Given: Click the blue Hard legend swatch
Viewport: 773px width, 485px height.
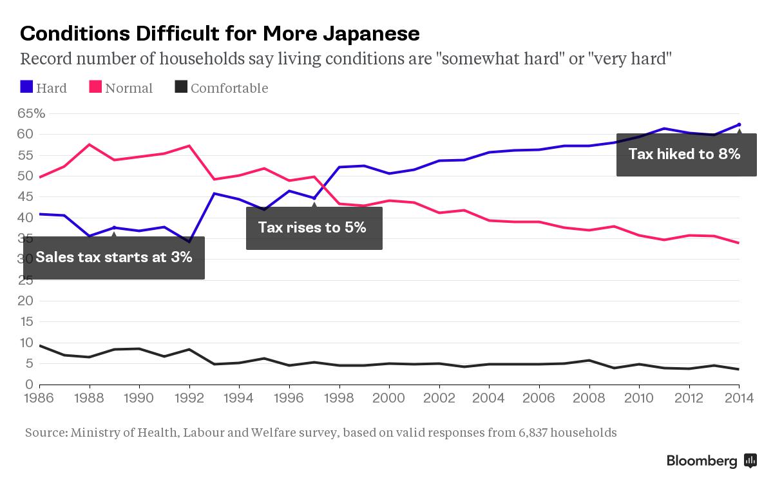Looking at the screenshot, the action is tap(26, 86).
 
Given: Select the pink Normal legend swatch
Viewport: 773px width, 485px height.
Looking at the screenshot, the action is tap(95, 86).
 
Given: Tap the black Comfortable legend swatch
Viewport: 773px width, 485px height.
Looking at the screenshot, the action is tap(181, 86).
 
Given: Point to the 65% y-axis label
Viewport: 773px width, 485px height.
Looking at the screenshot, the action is tap(32, 113).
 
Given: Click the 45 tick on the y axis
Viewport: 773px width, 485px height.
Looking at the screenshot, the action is tap(25, 197).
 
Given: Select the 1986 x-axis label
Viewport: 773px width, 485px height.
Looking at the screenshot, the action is tap(39, 398).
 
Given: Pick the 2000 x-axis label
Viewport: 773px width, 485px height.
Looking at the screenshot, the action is tap(389, 398).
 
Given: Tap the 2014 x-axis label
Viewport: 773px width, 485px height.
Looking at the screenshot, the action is tap(739, 398).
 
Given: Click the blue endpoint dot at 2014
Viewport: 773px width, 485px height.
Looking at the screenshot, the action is tap(739, 124).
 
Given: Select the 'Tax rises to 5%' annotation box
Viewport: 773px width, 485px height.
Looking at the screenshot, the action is tap(314, 228).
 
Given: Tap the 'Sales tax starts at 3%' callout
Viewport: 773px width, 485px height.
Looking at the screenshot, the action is tap(114, 258).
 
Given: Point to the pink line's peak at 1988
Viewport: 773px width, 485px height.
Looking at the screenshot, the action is tap(90, 144).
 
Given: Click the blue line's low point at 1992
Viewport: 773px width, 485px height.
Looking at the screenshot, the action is tap(189, 242).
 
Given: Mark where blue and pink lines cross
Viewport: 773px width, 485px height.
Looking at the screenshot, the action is tap(323, 187).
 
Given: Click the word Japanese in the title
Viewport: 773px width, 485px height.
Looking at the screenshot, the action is tap(371, 34).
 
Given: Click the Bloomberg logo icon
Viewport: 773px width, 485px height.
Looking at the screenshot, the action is tap(750, 461).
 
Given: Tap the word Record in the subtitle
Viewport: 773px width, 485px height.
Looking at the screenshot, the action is tap(46, 59).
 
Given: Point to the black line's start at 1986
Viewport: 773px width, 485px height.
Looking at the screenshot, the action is tap(40, 345).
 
